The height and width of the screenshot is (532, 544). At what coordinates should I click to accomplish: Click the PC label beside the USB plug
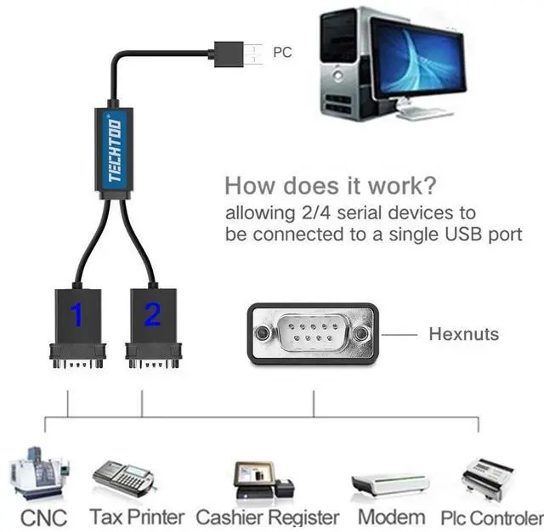(282, 53)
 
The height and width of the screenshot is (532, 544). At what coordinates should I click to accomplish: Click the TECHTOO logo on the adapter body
(116, 151)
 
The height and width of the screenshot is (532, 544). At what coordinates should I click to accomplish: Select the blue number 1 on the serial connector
(76, 315)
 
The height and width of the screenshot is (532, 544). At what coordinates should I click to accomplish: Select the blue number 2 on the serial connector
(152, 315)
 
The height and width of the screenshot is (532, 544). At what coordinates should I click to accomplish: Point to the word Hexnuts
(463, 334)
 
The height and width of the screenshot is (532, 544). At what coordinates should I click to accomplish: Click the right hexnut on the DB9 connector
(362, 333)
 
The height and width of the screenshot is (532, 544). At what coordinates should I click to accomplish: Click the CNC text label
(43, 516)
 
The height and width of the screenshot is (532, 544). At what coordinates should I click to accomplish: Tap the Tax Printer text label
(137, 516)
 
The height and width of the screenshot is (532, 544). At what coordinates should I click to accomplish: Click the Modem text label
(391, 516)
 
